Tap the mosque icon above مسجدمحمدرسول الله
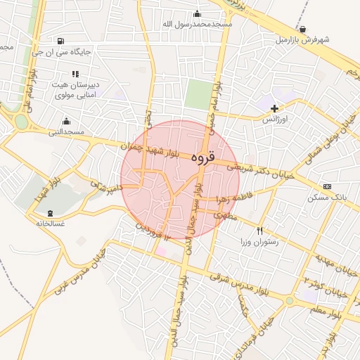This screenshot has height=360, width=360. point(197,14)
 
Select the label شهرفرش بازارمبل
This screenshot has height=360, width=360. point(302,39)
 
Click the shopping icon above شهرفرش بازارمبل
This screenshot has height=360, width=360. point(302,30)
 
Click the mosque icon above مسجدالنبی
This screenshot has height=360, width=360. point(66,122)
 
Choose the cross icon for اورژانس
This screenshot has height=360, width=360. point(274,108)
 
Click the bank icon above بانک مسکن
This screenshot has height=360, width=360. point(327,186)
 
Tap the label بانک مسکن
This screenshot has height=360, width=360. point(326,198)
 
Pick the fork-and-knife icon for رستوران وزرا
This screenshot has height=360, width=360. point(260,231)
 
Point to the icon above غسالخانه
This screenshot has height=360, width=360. point(49,213)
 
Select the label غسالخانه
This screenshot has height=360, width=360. point(49,223)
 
